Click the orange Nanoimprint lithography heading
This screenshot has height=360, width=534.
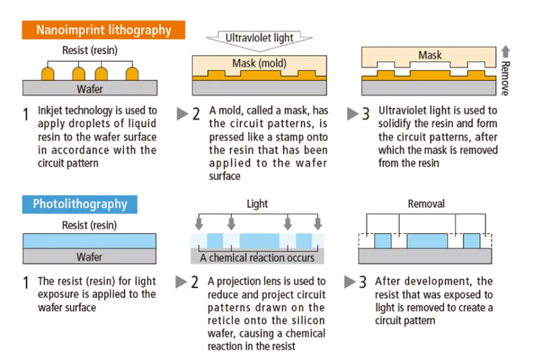(x=104, y=30)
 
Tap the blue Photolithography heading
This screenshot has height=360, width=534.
(x=80, y=204)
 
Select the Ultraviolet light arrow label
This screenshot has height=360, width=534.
(x=259, y=37)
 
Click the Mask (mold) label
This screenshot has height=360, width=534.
(x=259, y=63)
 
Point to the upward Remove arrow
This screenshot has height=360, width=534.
(x=506, y=51)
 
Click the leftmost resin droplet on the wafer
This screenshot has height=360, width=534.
(x=48, y=73)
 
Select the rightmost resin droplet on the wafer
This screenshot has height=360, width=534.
(x=132, y=73)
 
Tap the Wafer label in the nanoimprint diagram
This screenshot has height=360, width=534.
(x=90, y=89)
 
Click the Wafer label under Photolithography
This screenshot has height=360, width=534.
(x=89, y=257)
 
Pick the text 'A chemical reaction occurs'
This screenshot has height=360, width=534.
(x=257, y=258)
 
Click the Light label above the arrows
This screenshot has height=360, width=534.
(x=257, y=204)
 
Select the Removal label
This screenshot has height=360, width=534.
(x=426, y=204)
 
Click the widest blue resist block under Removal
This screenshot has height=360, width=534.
(x=427, y=241)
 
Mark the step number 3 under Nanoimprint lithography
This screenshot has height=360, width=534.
(x=365, y=114)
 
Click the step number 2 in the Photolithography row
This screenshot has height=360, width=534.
(x=194, y=282)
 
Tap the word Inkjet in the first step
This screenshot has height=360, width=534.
(x=48, y=111)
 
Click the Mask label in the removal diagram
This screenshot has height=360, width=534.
(x=430, y=55)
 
